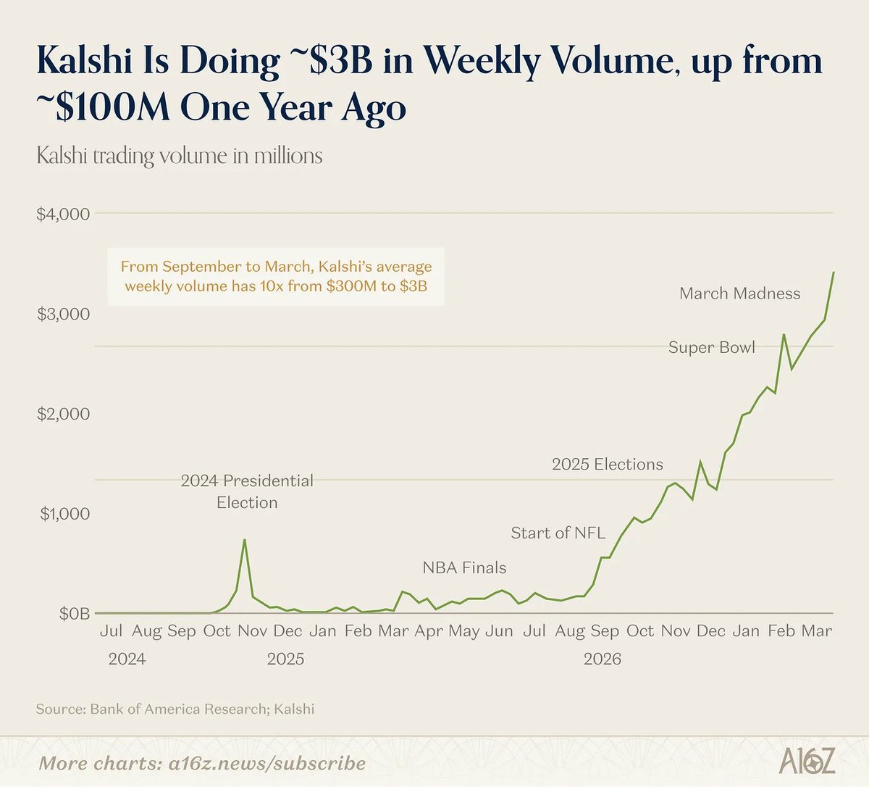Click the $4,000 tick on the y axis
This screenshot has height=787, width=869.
(x=63, y=215)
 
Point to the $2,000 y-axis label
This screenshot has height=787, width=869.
(x=63, y=414)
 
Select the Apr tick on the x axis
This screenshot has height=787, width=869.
(x=429, y=631)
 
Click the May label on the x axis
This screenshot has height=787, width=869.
(x=464, y=631)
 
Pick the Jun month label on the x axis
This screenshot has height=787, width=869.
(x=499, y=631)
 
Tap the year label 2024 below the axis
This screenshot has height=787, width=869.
(x=127, y=659)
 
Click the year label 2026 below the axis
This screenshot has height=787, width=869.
(x=603, y=659)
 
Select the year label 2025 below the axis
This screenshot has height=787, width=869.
(x=285, y=659)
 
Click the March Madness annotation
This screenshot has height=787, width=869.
(x=739, y=293)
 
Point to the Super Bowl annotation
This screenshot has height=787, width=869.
(x=711, y=347)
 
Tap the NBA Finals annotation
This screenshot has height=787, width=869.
(x=464, y=567)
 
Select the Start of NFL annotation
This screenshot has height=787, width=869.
(x=558, y=533)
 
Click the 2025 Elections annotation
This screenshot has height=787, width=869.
(x=608, y=465)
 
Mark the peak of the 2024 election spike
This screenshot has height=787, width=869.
(x=244, y=540)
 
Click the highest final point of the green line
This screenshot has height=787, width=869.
(x=834, y=272)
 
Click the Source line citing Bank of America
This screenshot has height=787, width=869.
(x=175, y=709)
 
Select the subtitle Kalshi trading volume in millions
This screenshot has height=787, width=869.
(x=180, y=156)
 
